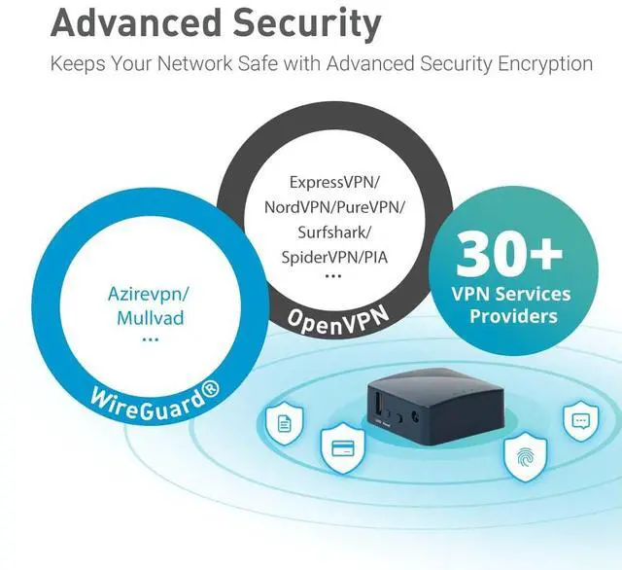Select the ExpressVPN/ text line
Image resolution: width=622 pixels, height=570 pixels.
click(334, 182)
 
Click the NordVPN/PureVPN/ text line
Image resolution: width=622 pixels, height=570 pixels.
click(334, 207)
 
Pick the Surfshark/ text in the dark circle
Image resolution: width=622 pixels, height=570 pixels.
click(334, 232)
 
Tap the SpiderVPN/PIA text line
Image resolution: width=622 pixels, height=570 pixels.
click(334, 257)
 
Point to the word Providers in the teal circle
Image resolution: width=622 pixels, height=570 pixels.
click(513, 316)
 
